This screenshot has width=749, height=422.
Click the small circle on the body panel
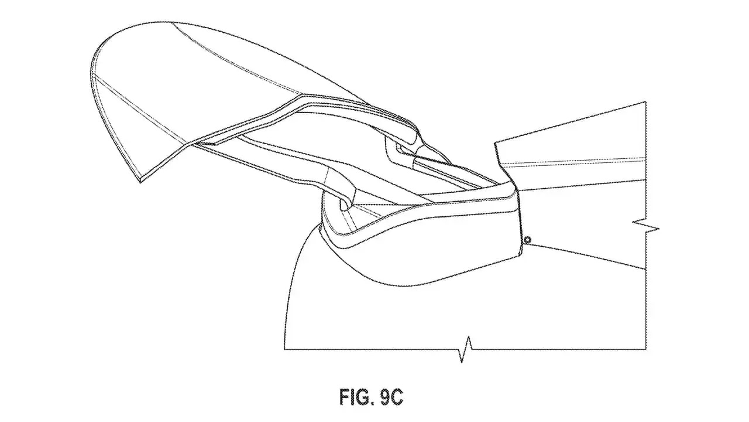pos(528,240)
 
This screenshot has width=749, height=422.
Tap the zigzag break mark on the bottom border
pos(465,349)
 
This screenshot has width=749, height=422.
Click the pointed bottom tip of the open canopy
pos(140,182)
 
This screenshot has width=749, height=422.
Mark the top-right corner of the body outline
pos(645,101)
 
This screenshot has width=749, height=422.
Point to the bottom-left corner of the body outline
pos(284,349)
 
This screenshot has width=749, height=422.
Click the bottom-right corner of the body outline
pos(645,349)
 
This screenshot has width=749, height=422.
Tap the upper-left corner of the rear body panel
pos(495,143)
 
